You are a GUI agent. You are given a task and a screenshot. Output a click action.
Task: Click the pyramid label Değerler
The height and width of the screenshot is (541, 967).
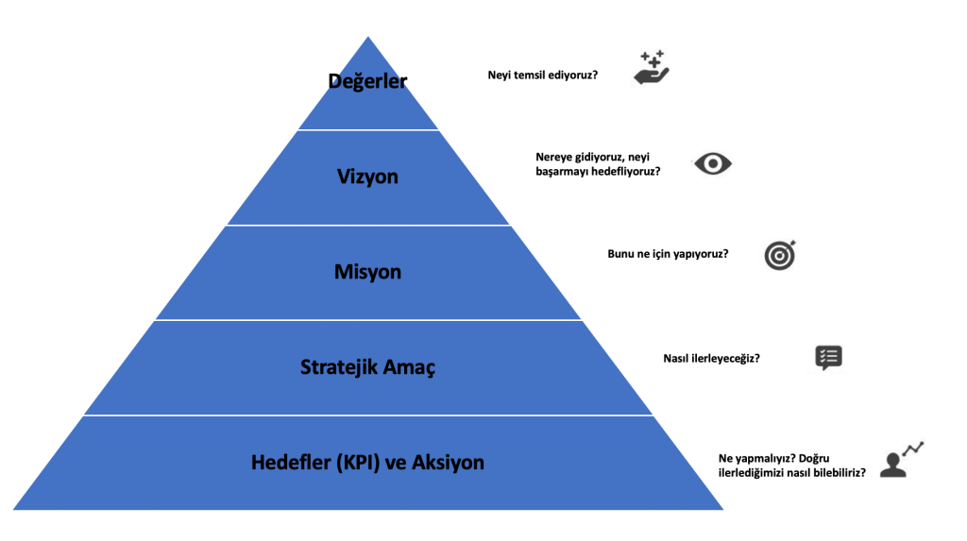[x=367, y=81]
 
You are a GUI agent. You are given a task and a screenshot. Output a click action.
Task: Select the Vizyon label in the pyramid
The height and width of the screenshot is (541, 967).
[x=367, y=177]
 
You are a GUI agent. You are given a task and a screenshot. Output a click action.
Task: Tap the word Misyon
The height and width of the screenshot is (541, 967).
[x=367, y=272]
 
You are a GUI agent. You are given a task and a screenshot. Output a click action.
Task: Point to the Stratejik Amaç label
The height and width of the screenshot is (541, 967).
[x=367, y=367]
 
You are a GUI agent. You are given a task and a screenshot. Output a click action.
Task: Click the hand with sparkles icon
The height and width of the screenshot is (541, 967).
[x=650, y=68]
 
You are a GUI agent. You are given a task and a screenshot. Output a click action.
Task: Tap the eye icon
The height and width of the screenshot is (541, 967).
[x=713, y=163]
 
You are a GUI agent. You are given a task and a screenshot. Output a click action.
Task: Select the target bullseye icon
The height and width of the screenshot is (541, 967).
[x=780, y=254]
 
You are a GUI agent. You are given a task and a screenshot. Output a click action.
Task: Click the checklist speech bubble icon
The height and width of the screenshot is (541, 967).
[x=828, y=357]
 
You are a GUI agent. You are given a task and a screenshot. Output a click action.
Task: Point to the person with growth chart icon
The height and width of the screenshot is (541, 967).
[x=900, y=460]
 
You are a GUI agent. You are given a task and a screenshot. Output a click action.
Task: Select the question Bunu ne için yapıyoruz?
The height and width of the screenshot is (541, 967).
[x=668, y=254]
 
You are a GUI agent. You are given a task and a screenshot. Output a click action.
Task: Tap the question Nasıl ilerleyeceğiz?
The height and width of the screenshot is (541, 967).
[x=712, y=358]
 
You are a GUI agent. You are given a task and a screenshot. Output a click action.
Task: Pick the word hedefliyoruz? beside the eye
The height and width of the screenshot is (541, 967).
[x=627, y=172]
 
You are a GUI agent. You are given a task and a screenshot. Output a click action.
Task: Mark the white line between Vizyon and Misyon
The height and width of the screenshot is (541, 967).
[x=367, y=225]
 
